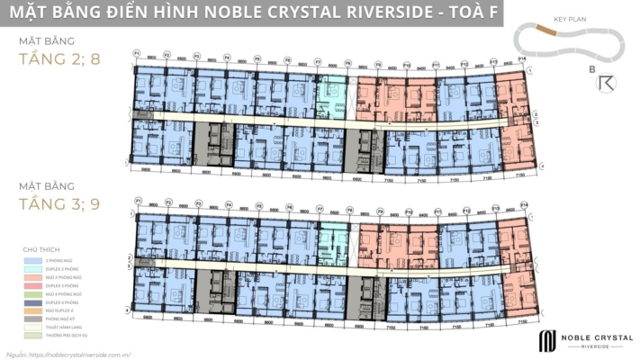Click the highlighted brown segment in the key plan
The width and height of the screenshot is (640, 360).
543,31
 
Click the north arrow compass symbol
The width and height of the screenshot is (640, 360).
607,83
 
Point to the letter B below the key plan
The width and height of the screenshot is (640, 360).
591,69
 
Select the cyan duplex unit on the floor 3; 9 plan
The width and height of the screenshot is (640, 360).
332,238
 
